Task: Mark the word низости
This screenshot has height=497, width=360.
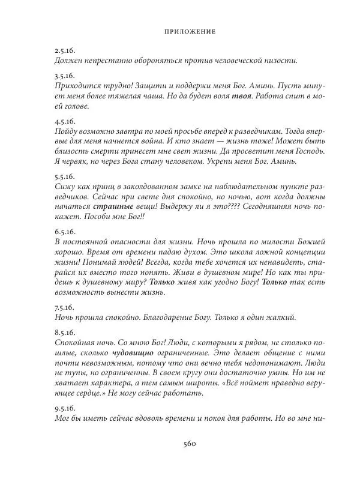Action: (x=281, y=61)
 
